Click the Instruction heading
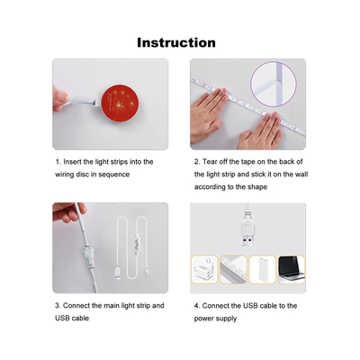tap(176, 42)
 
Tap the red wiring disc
tap(120, 103)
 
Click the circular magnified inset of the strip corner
tap(274, 84)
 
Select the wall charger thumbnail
tap(204, 269)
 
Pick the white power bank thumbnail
tap(263, 269)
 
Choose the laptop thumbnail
tap(292, 269)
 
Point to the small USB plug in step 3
tap(119, 274)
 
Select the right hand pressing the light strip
tap(260, 132)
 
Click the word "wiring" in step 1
tap(64, 175)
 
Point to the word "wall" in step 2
tap(301, 175)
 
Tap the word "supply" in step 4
tap(227, 319)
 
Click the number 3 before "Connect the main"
tap(58, 306)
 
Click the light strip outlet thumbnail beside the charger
tap(233, 269)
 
